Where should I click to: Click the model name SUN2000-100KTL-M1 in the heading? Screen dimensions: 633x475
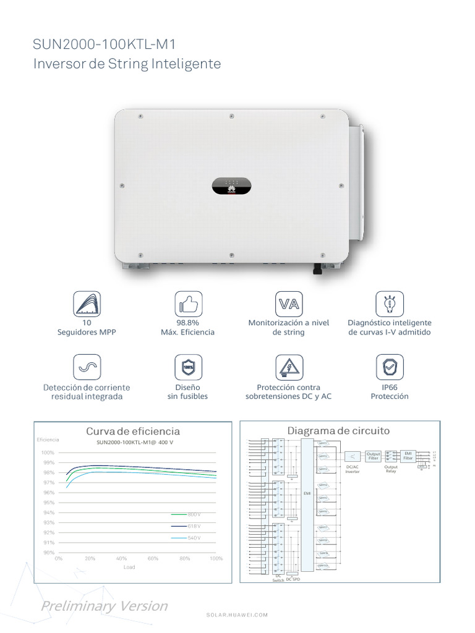pyautogui.click(x=108, y=45)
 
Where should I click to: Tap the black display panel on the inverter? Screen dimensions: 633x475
pyautogui.click(x=232, y=185)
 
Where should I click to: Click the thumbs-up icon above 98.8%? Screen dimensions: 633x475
pyautogui.click(x=187, y=304)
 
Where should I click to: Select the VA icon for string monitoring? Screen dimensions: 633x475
pyautogui.click(x=288, y=304)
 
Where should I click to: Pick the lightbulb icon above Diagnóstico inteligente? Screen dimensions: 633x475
pyautogui.click(x=390, y=304)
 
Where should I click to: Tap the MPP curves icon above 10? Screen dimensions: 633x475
pyautogui.click(x=87, y=304)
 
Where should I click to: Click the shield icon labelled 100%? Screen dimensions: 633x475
pyautogui.click(x=187, y=367)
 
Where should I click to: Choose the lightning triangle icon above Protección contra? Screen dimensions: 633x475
pyautogui.click(x=288, y=367)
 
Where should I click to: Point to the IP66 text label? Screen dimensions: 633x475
pyautogui.click(x=390, y=387)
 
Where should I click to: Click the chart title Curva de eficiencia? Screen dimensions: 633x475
pyautogui.click(x=133, y=431)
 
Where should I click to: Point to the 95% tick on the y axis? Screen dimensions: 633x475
pyautogui.click(x=49, y=503)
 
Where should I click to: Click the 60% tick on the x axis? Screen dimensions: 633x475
pyautogui.click(x=153, y=558)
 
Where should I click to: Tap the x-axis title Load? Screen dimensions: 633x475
pyautogui.click(x=129, y=567)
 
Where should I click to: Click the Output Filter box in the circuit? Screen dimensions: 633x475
pyautogui.click(x=373, y=456)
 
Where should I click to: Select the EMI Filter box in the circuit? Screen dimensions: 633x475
pyautogui.click(x=408, y=456)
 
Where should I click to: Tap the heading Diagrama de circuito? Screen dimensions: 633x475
pyautogui.click(x=338, y=431)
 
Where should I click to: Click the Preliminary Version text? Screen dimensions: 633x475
pyautogui.click(x=104, y=606)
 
